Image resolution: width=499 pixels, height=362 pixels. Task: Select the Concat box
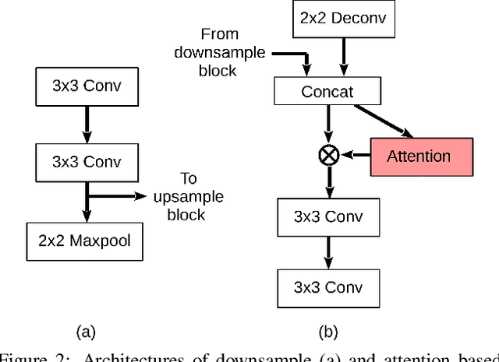[x=327, y=92]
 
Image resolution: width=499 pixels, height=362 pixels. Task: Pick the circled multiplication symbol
[x=328, y=156]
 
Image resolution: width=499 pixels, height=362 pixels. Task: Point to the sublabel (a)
[x=86, y=332]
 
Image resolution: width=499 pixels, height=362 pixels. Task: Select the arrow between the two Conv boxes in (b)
[x=327, y=251]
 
